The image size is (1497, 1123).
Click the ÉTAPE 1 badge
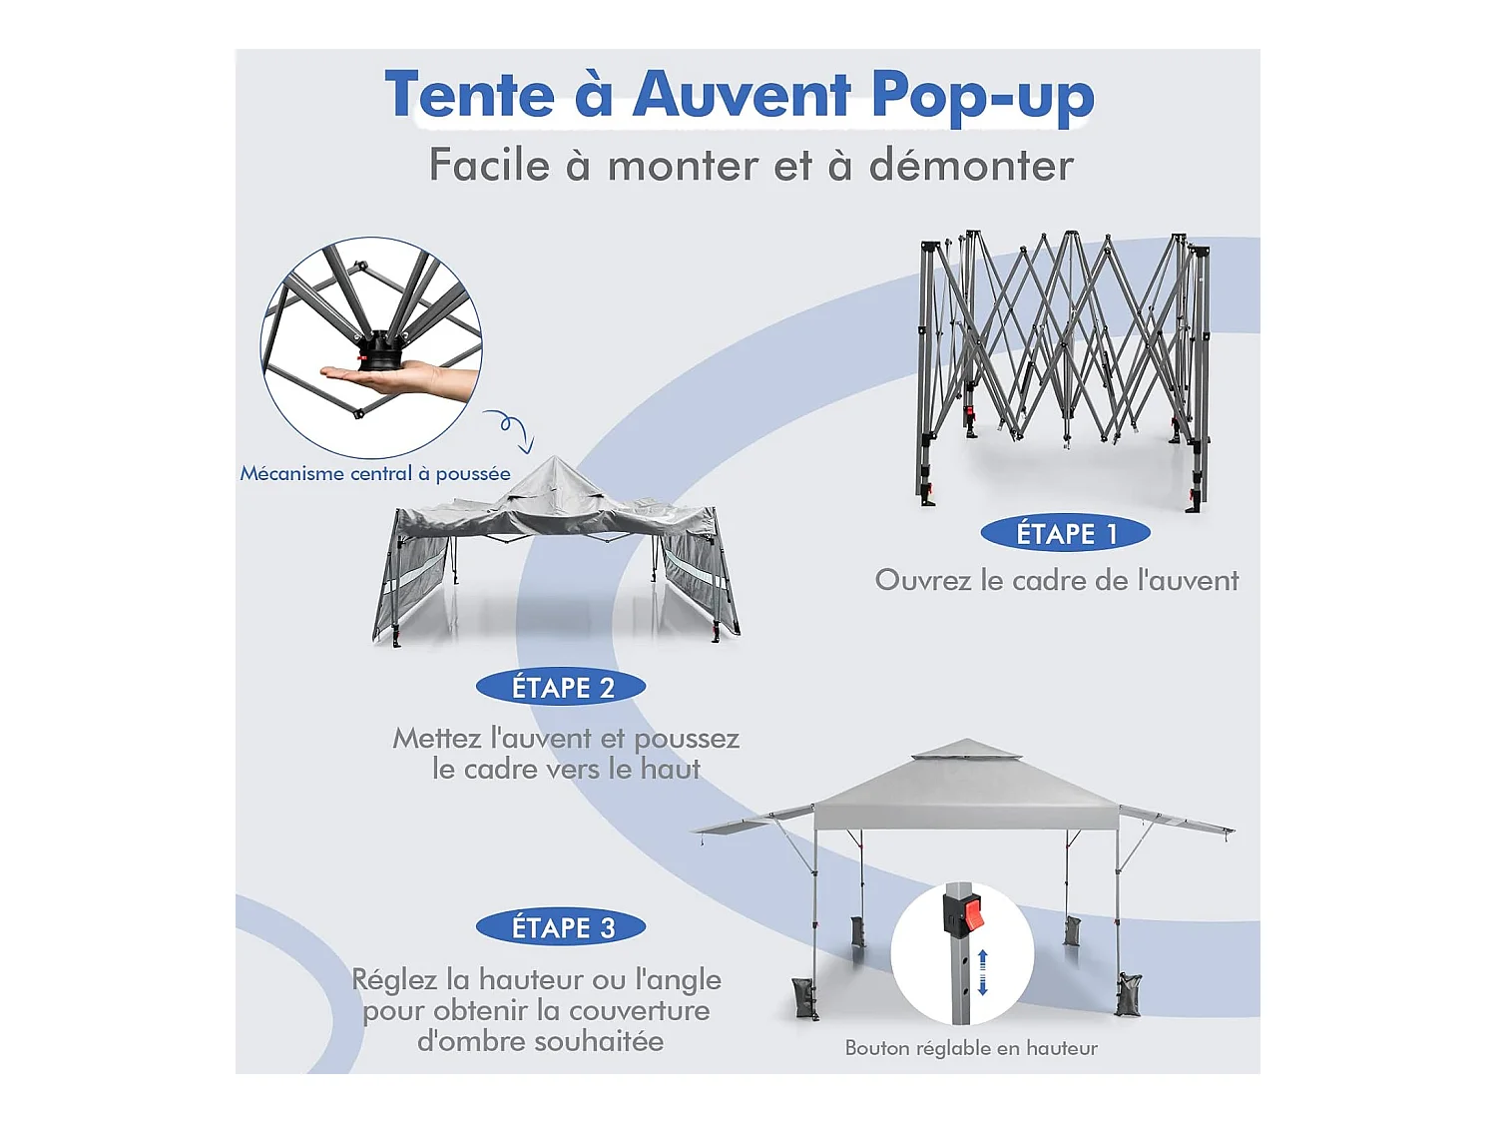1065,533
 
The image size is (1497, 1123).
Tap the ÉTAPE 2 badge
561,687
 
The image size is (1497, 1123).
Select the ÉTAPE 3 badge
561,927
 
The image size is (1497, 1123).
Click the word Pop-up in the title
983,97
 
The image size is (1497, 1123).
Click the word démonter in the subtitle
971,165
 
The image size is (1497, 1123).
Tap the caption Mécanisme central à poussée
375,473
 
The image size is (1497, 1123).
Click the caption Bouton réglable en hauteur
971,1047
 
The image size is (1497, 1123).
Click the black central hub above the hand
378,350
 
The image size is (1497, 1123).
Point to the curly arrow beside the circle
509,429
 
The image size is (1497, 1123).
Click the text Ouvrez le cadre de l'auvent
1057,580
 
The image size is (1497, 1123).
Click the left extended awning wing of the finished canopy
753,821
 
